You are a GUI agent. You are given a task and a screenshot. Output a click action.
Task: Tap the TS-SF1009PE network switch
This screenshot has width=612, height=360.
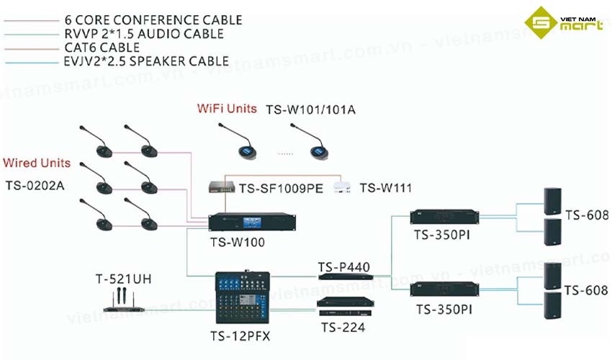[x=221, y=186]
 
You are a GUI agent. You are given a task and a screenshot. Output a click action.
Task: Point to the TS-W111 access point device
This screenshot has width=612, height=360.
[x=343, y=187]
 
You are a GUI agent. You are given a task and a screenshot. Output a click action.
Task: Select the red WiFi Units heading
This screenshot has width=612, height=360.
[x=227, y=109]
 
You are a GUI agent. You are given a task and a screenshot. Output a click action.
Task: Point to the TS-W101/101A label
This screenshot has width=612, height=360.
[x=311, y=110]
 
